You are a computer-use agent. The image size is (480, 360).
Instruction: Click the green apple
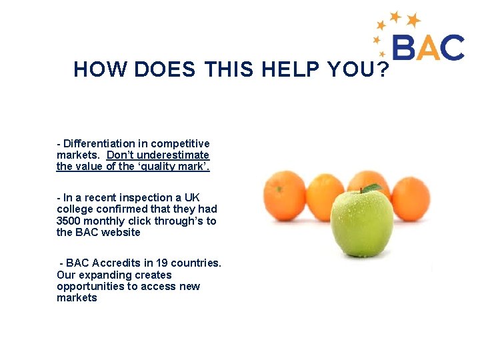pos(362,223)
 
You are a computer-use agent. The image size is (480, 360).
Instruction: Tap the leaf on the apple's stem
pos(371,189)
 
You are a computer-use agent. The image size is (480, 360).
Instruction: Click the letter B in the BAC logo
pos(406,48)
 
